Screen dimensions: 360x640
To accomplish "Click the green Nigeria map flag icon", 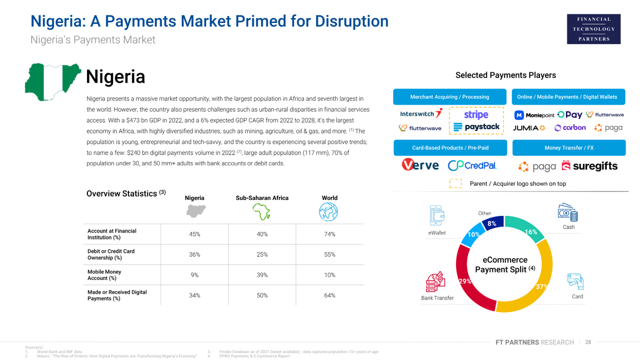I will (x=52, y=82).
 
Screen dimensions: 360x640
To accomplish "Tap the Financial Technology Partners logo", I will (x=593, y=29).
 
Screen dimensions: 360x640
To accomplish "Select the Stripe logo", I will (x=476, y=114).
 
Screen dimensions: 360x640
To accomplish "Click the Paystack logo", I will (x=476, y=127).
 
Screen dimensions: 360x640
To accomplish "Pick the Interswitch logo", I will (x=421, y=114).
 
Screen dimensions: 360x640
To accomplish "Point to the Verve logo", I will (x=420, y=165).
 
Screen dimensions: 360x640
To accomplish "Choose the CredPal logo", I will (x=472, y=165).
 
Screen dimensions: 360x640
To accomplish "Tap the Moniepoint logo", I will (x=534, y=115).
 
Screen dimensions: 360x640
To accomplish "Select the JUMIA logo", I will (x=528, y=128).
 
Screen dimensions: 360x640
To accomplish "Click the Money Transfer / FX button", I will (x=568, y=148).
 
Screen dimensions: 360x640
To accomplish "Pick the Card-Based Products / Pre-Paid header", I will (x=450, y=148).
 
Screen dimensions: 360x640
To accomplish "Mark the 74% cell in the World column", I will (x=329, y=234).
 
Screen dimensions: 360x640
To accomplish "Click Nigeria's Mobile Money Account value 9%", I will (x=194, y=275).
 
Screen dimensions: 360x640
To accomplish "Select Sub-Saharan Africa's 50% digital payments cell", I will (x=262, y=295).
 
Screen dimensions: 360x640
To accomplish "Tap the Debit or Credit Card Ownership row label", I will (x=111, y=254).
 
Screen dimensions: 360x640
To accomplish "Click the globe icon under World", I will (x=329, y=212).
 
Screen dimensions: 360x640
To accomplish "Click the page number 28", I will (x=588, y=342).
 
